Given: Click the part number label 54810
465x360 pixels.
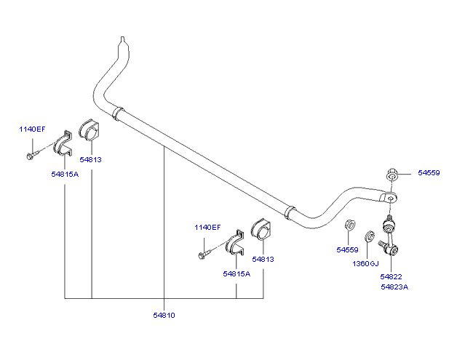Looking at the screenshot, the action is pos(164,315).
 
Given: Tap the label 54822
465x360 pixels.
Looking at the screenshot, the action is pos(392,277).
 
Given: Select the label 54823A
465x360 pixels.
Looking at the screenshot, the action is pos(394,287).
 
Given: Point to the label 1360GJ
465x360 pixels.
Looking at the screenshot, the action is pos(365,263).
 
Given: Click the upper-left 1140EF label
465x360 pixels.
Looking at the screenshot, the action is pos(32,129).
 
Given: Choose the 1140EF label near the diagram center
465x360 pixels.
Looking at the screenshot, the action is pos(207,227).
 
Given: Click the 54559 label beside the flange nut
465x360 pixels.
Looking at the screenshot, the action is pos(429,173).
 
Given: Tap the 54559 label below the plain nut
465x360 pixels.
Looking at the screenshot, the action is pos(347,249).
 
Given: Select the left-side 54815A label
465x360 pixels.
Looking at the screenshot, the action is pos(65,174).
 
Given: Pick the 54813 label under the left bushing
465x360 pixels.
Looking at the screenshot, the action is pos(90,160).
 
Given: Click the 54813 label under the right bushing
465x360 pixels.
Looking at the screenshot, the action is pos(263,259).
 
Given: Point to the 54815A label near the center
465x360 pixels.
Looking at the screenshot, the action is pos(237,273).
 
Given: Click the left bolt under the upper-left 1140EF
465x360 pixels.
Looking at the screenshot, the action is pos(32,155).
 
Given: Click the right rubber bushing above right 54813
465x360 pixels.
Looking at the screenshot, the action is pos(261,229).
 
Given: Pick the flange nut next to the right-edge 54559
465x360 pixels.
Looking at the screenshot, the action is pos(392,175).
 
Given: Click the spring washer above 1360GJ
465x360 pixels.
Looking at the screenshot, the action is pos(370,236).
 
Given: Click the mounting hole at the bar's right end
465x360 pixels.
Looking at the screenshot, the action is pos(392,199).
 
